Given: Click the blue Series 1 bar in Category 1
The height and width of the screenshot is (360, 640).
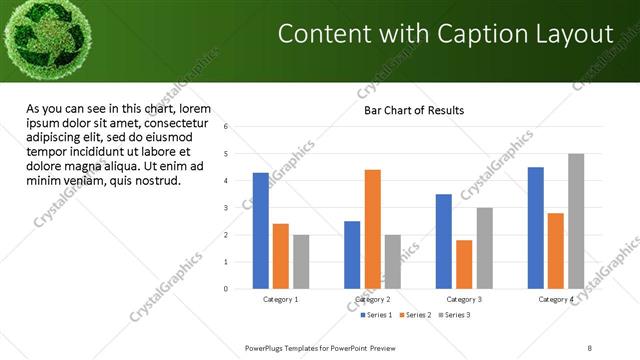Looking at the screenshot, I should point(261,231).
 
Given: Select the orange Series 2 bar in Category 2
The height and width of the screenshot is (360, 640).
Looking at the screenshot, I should point(372,229).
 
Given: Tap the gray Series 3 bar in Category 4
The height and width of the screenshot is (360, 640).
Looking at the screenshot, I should point(576,221).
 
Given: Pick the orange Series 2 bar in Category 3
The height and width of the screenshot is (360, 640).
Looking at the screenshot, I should point(464,264).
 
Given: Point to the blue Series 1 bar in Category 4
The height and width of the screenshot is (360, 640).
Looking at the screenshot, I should point(536,228).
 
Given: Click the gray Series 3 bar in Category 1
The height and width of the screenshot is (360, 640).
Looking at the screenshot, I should point(301,262).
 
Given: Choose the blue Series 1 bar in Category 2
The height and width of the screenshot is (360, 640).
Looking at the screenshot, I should point(352,255).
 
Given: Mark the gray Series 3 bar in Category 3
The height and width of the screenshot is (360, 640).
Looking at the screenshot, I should point(484,248).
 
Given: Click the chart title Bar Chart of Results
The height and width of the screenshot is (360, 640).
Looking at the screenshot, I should point(413,110).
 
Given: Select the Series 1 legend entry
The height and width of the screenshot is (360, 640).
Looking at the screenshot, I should point(378,315).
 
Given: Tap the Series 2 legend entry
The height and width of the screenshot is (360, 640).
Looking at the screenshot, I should point(413,315).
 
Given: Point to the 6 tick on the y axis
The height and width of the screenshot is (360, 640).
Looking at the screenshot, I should point(227,127).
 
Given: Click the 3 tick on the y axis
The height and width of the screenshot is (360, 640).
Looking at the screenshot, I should point(227,208).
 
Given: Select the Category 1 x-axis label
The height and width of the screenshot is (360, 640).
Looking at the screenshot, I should point(281,299).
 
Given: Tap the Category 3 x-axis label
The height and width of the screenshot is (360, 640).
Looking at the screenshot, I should point(464,299).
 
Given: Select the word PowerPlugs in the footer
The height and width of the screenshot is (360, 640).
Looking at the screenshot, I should point(267,347).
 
